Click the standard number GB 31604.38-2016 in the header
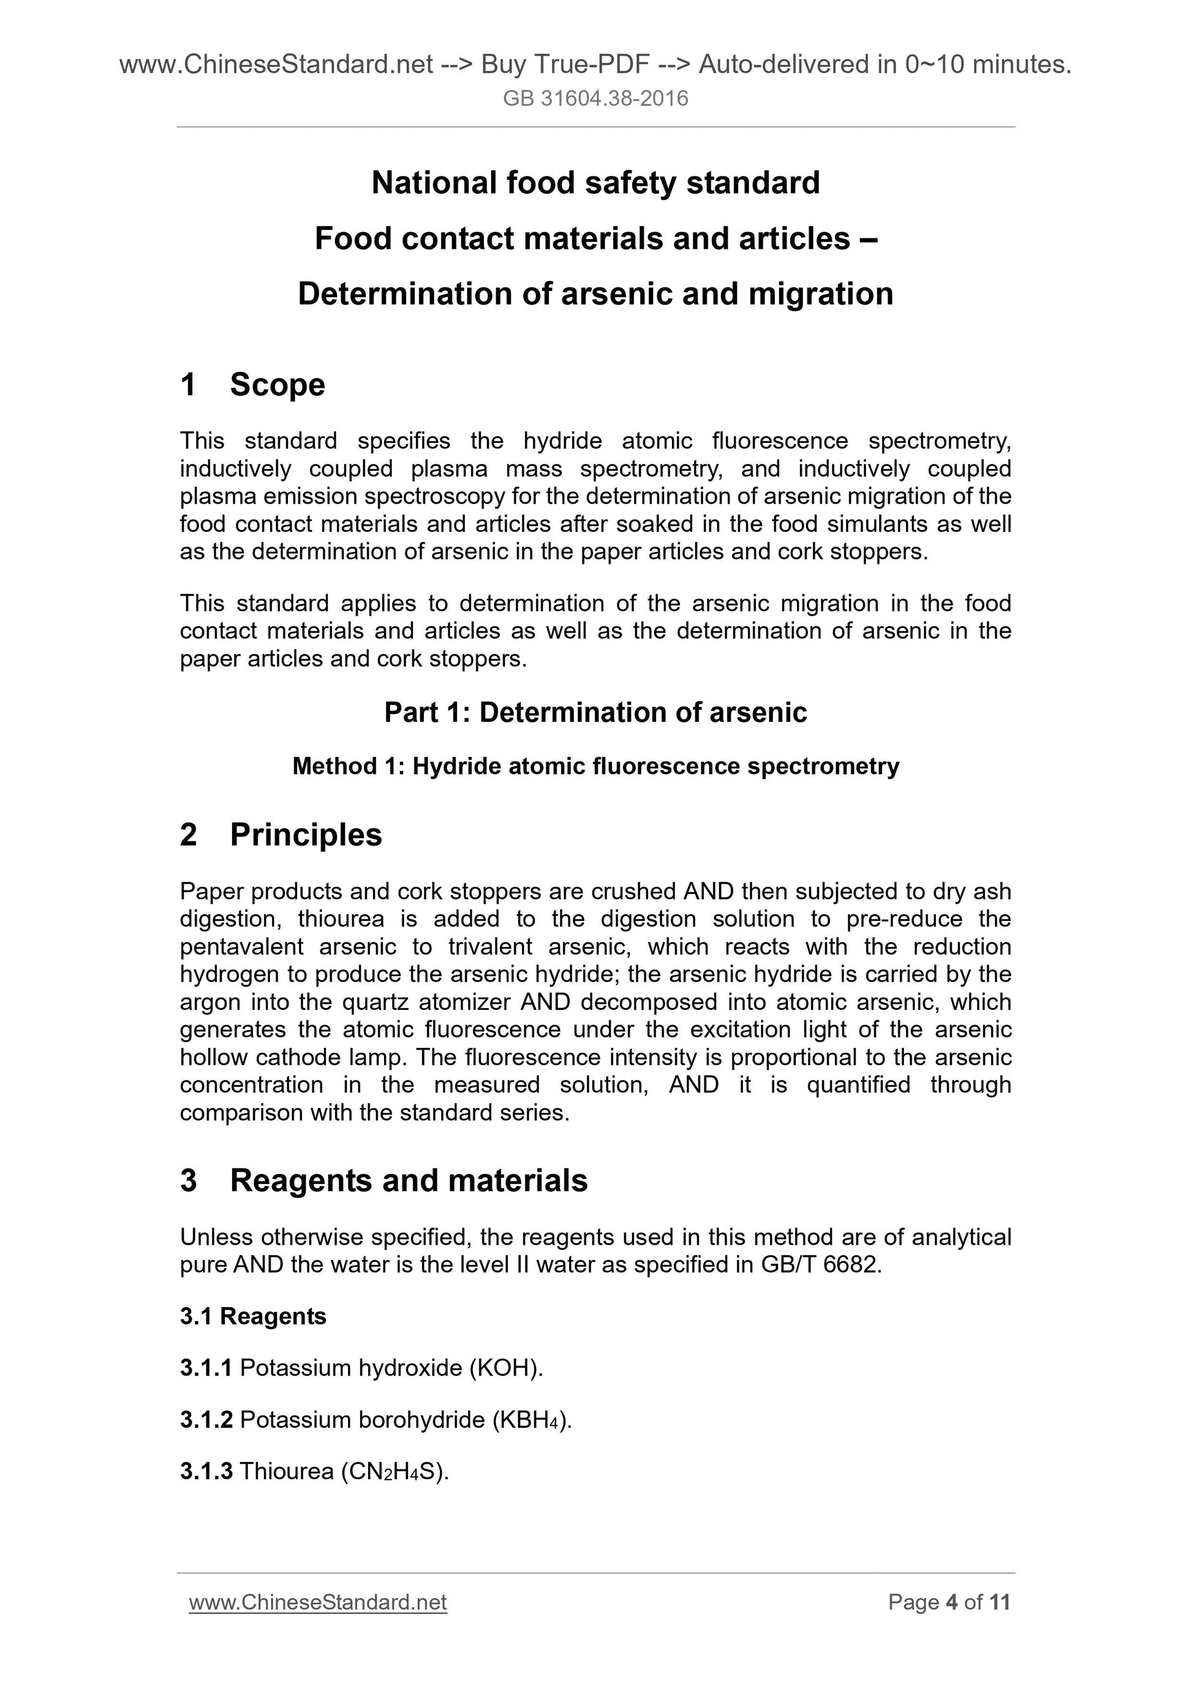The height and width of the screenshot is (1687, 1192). (x=595, y=99)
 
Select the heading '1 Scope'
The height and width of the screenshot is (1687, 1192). (x=252, y=384)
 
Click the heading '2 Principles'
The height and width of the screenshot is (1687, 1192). (x=281, y=835)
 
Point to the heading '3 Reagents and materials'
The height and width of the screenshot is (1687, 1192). (x=383, y=1181)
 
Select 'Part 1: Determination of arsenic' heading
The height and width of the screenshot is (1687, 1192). (x=595, y=713)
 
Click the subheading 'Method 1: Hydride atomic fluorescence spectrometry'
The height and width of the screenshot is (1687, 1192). (x=595, y=767)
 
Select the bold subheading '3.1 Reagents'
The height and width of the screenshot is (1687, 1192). (x=252, y=1316)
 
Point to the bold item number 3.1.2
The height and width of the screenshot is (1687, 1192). (x=206, y=1420)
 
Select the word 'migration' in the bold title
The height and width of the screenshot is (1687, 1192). (x=820, y=294)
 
